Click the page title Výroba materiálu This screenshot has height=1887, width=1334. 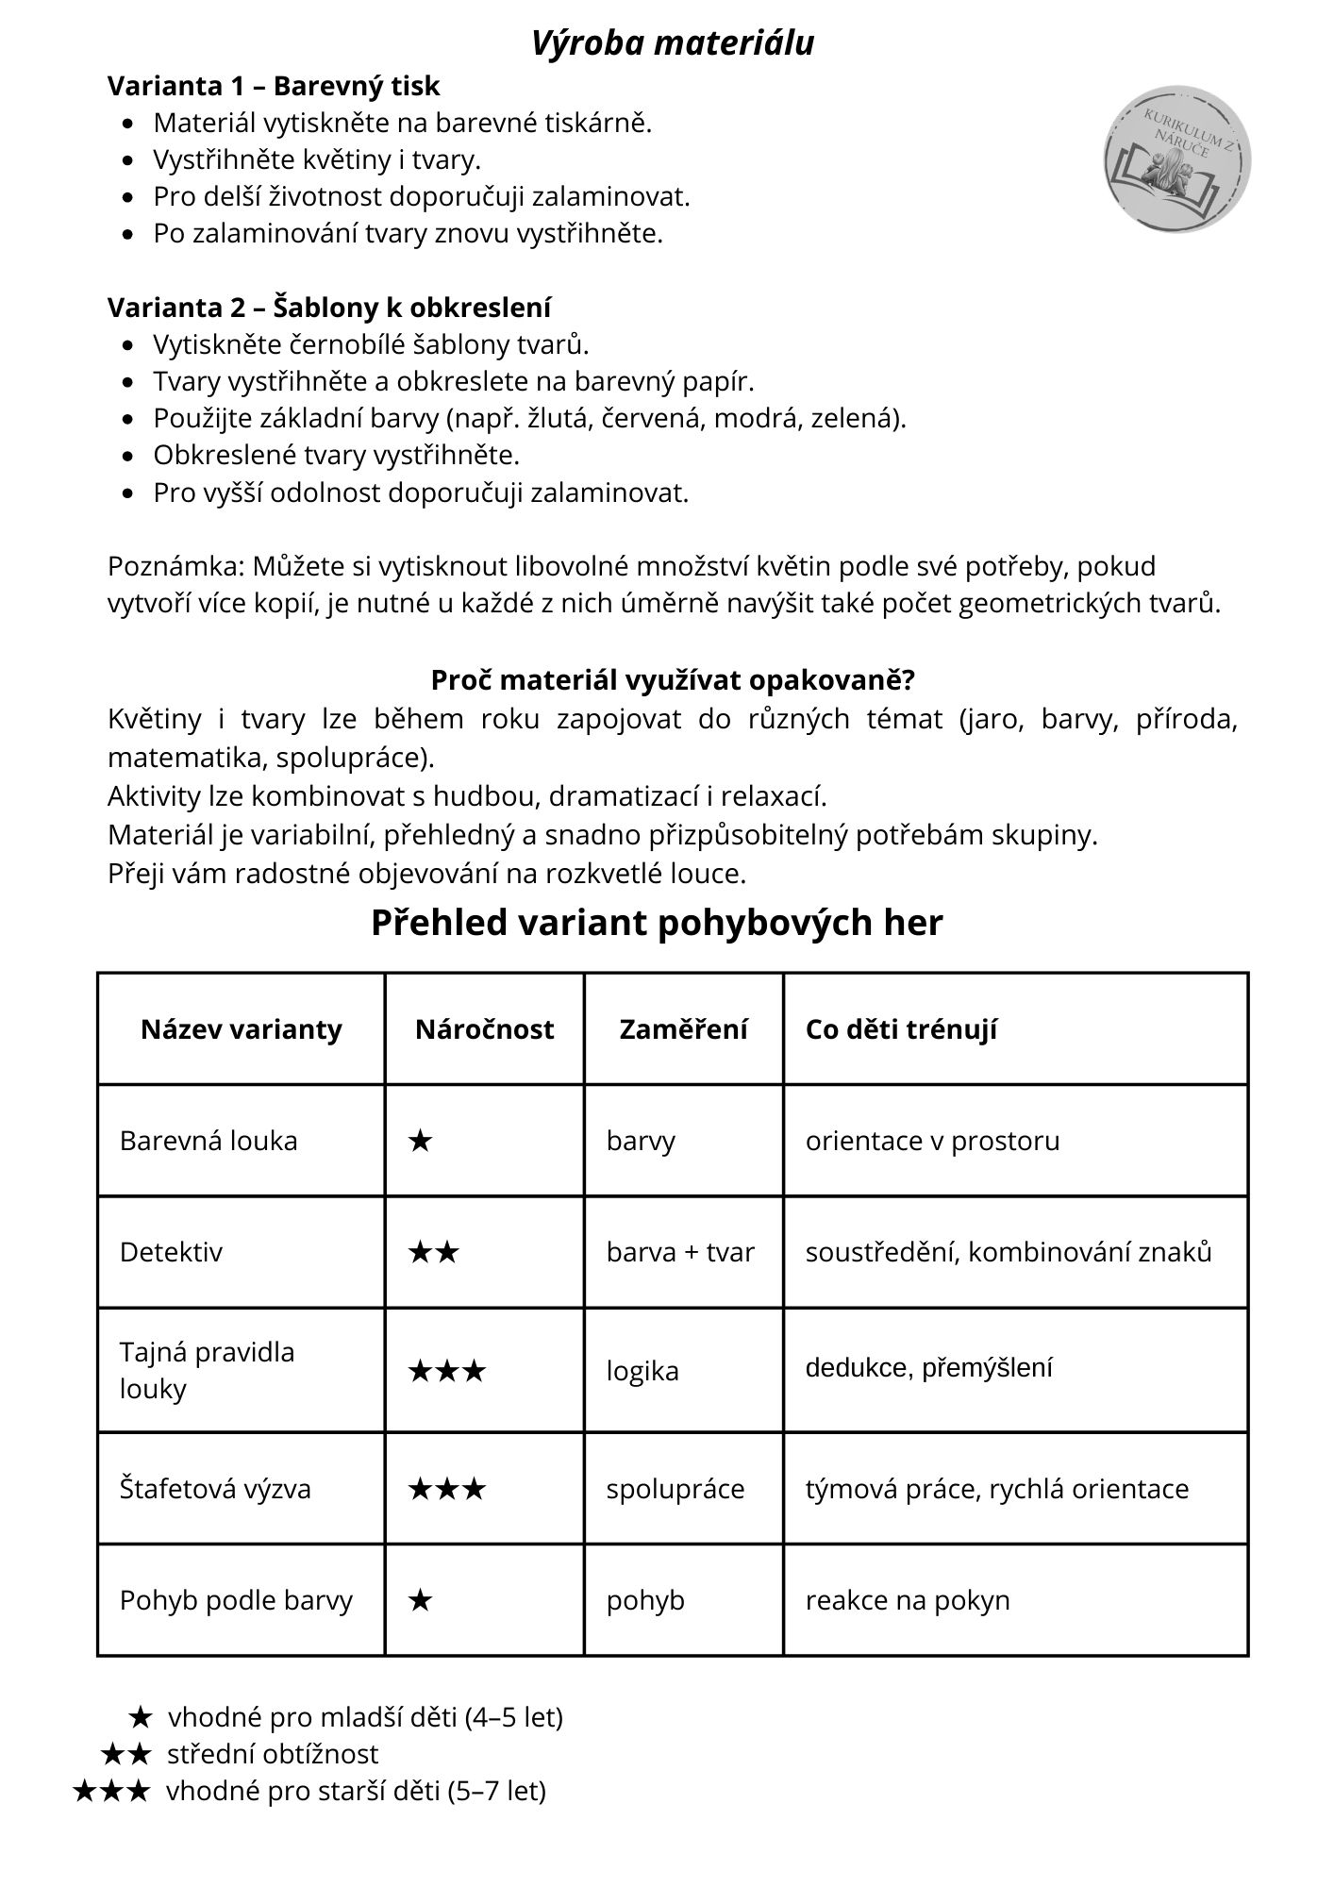coord(672,43)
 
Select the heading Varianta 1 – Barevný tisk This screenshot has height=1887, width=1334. coord(274,86)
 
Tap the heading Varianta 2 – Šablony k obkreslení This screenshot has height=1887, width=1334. coord(329,308)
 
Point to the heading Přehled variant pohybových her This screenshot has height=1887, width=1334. coord(657,922)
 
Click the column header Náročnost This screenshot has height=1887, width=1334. coord(484,1028)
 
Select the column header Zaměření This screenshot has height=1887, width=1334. coord(683,1028)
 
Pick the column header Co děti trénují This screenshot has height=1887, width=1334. coord(901,1028)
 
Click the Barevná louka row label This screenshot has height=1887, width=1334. coord(208,1140)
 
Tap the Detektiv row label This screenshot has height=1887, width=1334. coord(171,1251)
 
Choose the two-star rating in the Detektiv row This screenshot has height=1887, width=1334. coord(433,1252)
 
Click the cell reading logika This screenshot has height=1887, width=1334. coord(642,1370)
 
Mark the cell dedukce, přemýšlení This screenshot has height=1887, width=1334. coord(928,1367)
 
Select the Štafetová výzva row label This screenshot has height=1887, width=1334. coord(215,1488)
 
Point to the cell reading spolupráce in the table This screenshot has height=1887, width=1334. coord(675,1488)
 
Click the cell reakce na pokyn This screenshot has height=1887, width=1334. coord(908,1599)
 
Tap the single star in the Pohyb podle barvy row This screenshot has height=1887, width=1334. coord(420,1600)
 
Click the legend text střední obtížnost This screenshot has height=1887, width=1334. coord(273,1753)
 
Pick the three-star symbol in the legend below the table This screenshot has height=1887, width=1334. coord(111,1790)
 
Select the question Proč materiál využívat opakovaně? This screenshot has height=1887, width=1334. coord(673,679)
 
